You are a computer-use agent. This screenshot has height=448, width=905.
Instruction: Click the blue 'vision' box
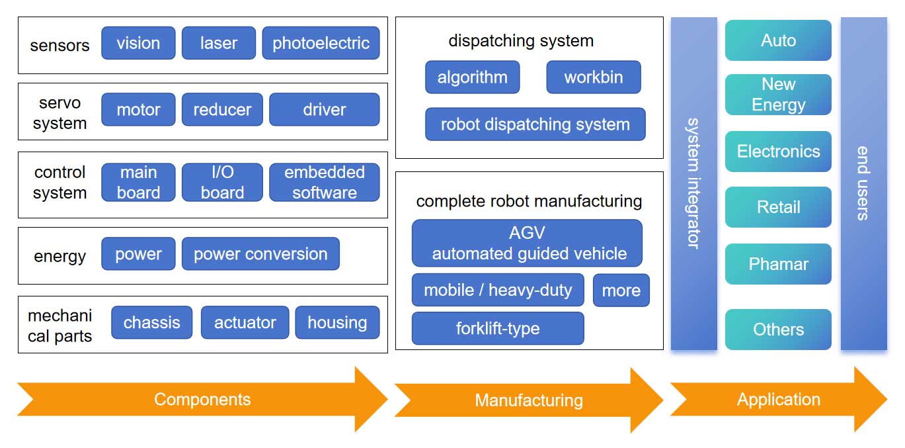coord(138,43)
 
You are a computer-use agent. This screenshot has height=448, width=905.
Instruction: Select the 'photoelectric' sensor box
coord(321,43)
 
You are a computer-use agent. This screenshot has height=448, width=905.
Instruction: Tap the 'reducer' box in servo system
coord(222,109)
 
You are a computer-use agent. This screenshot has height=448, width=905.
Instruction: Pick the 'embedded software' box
coord(324,182)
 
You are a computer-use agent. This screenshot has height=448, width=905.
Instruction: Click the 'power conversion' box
coord(260,254)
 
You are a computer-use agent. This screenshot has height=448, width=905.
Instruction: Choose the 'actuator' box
coord(245,323)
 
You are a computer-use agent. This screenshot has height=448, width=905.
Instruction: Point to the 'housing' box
coord(337,323)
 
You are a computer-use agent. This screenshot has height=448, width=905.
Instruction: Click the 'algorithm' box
coord(472,77)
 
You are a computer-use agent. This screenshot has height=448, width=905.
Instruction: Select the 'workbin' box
coord(593,77)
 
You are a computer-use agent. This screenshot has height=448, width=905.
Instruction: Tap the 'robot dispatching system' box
coord(535,124)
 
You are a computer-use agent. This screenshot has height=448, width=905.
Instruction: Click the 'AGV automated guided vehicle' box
coord(527,243)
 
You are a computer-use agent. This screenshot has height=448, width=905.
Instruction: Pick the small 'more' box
coord(621,291)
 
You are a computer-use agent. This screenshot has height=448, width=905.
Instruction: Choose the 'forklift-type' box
coord(498,328)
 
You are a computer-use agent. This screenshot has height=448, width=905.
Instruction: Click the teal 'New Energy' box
coord(778,95)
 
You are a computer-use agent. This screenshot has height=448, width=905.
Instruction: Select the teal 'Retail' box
coord(778,207)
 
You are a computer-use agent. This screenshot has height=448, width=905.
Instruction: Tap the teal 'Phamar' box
coord(778,264)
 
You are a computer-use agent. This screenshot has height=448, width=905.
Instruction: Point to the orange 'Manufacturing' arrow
coord(528,400)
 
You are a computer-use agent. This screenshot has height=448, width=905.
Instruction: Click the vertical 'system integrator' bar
coord(693,183)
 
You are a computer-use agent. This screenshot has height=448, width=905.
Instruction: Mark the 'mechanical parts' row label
coord(59,325)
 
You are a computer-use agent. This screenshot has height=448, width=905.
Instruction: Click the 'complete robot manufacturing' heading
coord(529,201)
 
